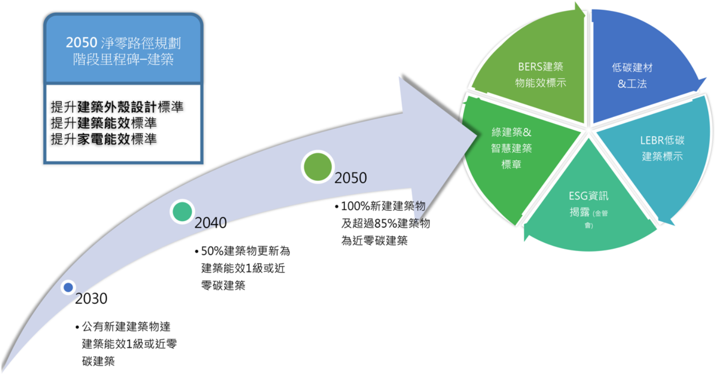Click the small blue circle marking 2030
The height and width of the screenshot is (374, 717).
[x=68, y=288]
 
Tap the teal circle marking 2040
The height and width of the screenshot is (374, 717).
[x=182, y=211]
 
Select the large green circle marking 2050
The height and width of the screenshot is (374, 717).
[x=318, y=167]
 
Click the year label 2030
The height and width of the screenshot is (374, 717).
[x=91, y=298]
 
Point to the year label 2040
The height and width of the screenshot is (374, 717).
[x=210, y=223]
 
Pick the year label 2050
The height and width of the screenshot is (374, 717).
[x=351, y=178]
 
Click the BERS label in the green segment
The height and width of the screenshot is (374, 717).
[x=527, y=67]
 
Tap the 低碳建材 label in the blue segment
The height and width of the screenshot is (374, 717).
[x=632, y=67]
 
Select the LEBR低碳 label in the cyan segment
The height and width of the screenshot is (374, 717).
[x=662, y=140]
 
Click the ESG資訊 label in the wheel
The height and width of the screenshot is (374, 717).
[x=589, y=196]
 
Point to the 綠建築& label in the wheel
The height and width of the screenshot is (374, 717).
[x=511, y=132]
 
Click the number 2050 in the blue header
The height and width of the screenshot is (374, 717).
[x=81, y=43]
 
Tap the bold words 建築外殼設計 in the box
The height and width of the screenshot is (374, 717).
[x=117, y=107]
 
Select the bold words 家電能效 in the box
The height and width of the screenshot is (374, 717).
[x=104, y=139]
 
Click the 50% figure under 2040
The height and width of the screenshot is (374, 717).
[x=212, y=251]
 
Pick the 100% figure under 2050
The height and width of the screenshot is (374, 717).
[x=355, y=206]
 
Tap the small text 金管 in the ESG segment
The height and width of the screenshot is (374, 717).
[x=601, y=213]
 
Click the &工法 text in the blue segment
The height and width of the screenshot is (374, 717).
[x=632, y=84]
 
